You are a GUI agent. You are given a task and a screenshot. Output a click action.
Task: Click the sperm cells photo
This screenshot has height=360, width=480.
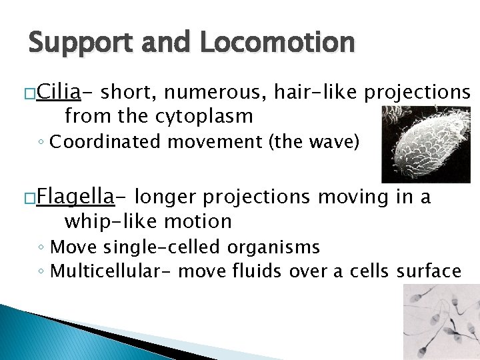[x=441, y=322]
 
